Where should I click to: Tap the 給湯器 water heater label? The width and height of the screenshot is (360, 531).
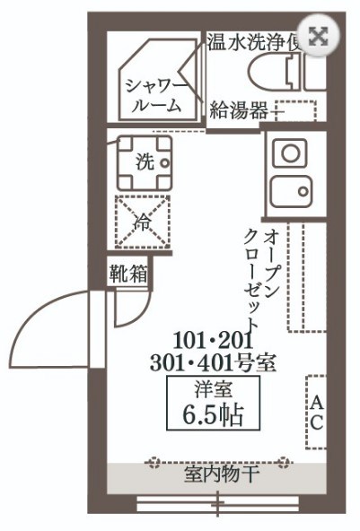click(x=238, y=110)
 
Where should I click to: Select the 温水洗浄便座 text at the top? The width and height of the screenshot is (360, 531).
click(x=256, y=42)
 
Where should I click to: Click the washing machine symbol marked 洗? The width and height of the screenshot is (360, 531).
click(x=143, y=161)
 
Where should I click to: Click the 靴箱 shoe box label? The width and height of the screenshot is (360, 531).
click(x=128, y=274)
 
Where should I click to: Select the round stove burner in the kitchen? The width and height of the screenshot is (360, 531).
click(x=289, y=152)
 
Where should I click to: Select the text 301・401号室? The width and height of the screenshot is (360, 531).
click(x=213, y=363)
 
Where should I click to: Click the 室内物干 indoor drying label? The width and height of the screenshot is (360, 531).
click(x=215, y=474)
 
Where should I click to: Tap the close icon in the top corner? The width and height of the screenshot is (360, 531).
click(x=318, y=36)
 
